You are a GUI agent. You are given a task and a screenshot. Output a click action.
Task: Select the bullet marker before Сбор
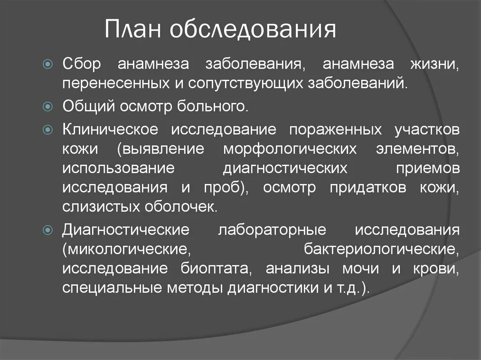coord(47,64)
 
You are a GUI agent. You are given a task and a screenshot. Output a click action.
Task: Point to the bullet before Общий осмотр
coord(47,107)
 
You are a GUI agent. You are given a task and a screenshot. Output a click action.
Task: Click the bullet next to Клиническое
coord(47,129)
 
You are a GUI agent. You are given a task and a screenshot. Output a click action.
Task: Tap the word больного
coord(217,107)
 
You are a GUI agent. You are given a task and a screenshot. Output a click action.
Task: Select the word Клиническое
coord(110,129)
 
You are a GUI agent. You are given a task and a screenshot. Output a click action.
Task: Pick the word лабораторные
coord(272,230)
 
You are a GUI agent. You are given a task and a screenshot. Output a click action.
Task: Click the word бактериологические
coord(381,249)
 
